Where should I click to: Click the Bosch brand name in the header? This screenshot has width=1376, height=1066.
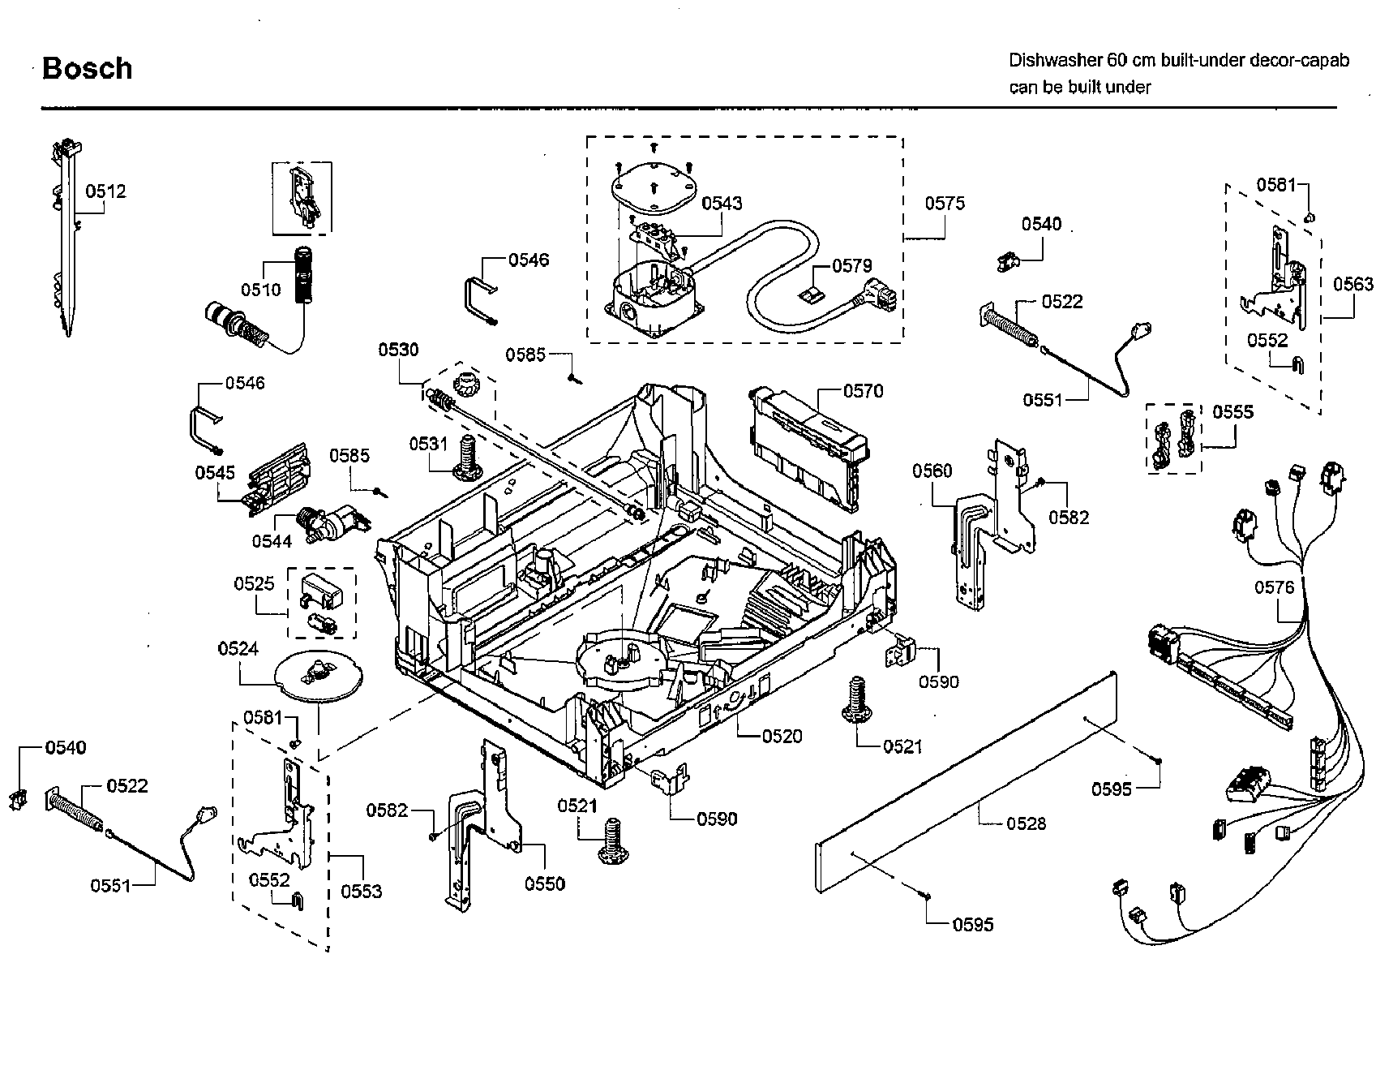pos(87,69)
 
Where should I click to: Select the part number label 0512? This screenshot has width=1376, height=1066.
pos(106,191)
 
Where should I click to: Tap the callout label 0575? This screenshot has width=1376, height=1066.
pos(945,203)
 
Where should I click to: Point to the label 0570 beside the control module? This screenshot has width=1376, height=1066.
pos(863,391)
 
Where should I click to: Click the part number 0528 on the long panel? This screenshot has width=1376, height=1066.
pos(1026,823)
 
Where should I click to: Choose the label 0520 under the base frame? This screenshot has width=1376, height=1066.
pos(782,736)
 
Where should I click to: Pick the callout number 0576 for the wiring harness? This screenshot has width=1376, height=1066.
pos(1275,587)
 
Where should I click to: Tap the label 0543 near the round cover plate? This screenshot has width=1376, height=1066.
pos(722,203)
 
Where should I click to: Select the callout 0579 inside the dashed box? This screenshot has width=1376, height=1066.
pos(851,265)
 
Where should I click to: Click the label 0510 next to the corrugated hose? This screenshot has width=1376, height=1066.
pos(260,290)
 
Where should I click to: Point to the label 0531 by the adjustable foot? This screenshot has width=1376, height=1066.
pos(428,444)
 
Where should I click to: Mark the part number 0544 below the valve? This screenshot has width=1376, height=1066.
pos(272,540)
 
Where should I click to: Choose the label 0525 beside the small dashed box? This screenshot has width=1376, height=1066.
pos(254,583)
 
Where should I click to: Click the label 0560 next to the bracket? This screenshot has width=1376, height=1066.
pos(932,471)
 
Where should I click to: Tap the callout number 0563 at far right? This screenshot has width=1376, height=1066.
pos(1353,284)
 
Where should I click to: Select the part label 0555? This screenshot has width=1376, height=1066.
pos(1232,411)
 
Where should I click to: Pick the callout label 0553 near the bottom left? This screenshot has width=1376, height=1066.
pos(361,891)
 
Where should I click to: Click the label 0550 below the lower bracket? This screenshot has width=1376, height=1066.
pos(545,883)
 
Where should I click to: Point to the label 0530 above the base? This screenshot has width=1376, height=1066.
pos(398,350)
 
